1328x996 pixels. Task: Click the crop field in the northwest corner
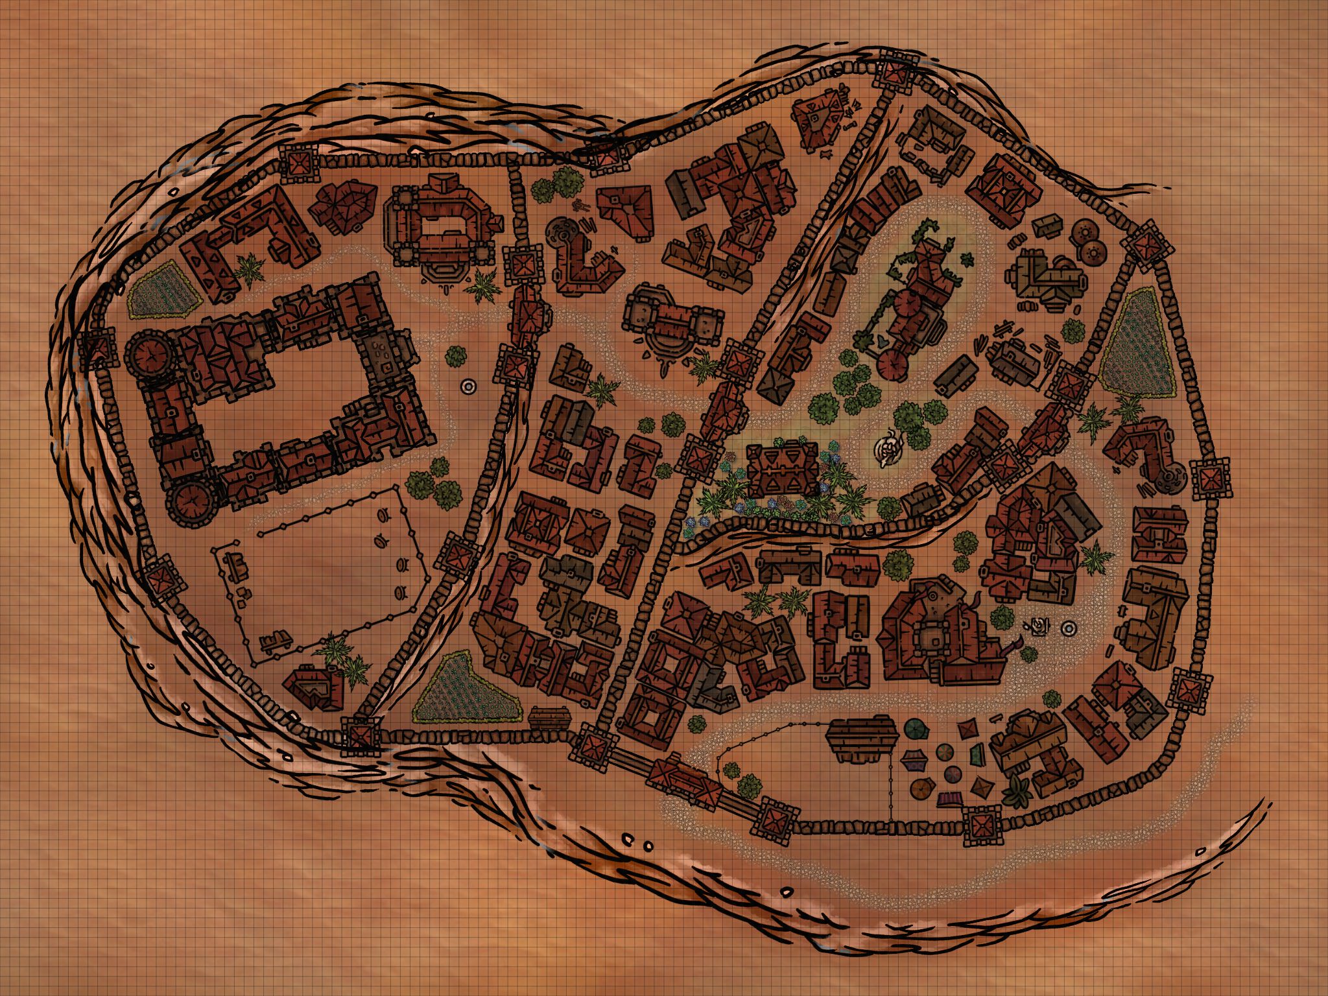point(163,291)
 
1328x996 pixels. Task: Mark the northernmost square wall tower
point(896,73)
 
